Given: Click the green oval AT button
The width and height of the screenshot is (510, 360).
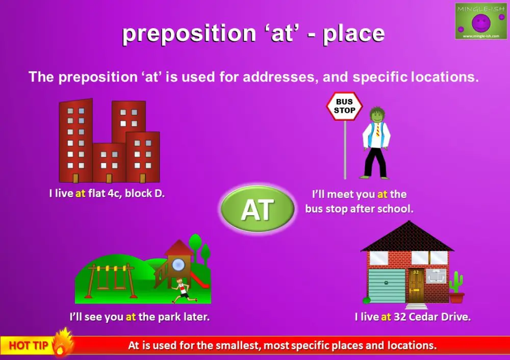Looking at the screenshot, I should coord(258,210).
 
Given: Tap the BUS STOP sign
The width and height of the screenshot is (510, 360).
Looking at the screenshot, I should coord(344,106).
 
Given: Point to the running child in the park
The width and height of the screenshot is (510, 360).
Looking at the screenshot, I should coord(181,291).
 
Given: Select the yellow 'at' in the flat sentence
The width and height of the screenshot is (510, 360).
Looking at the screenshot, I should coord(80,194).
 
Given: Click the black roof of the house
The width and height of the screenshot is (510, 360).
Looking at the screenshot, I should coord(406,237).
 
